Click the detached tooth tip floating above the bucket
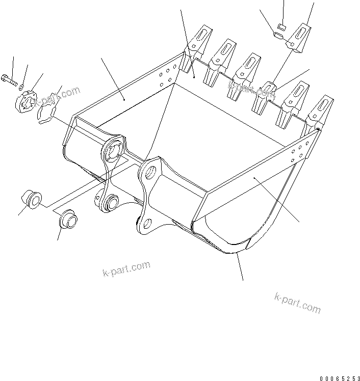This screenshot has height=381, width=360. point(301,39)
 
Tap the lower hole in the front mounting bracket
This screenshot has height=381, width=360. point(147,223)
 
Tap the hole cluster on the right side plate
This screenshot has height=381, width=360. point(298,153)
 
